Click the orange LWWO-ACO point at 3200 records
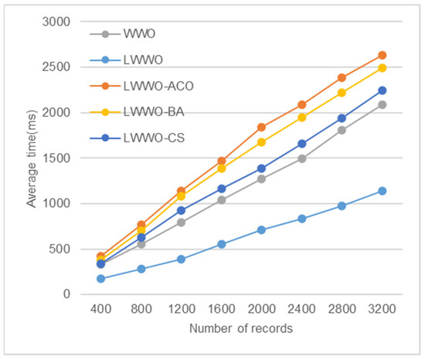click(382, 56)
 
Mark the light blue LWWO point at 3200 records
click(382, 191)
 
